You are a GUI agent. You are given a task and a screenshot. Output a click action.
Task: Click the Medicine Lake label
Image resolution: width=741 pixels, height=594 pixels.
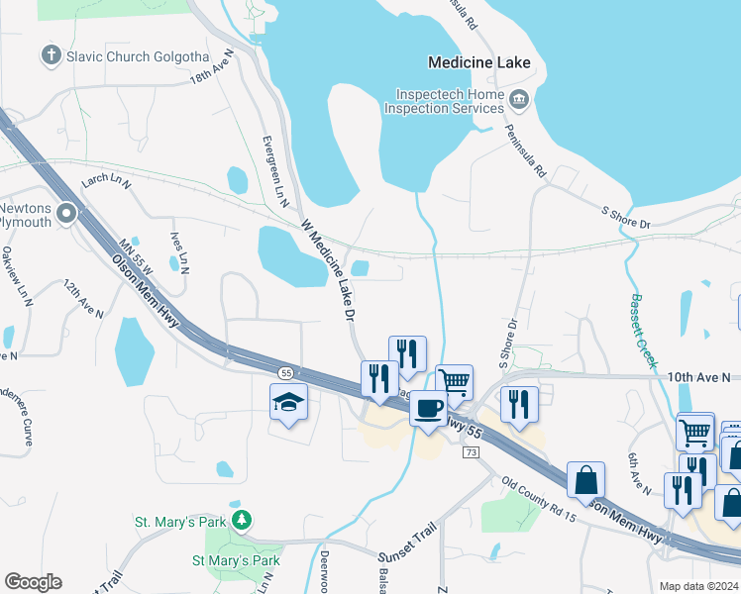point(478,62)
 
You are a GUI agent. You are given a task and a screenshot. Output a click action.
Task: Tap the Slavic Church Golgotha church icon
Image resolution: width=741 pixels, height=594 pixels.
point(51,55)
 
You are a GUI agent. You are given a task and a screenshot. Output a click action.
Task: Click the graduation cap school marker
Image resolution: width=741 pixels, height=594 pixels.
point(288,402)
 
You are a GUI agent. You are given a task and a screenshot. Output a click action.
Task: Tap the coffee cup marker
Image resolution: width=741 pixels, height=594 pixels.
point(429,408)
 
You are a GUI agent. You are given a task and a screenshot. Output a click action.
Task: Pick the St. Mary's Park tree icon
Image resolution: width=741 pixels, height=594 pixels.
point(240,520)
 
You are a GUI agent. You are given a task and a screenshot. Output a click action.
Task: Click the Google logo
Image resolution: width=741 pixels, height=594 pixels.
point(33,582)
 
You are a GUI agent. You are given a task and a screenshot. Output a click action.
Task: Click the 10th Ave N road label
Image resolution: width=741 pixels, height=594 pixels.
point(697,377)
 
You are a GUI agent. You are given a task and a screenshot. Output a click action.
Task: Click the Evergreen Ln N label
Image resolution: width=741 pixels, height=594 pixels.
point(273,171)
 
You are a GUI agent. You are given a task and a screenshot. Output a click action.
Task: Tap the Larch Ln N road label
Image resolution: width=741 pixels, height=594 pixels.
point(106,181)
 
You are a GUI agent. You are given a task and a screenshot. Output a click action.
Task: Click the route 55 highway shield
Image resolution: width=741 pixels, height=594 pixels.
point(285,372)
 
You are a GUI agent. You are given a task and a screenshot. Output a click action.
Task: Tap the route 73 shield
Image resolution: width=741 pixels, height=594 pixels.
point(471,452)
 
